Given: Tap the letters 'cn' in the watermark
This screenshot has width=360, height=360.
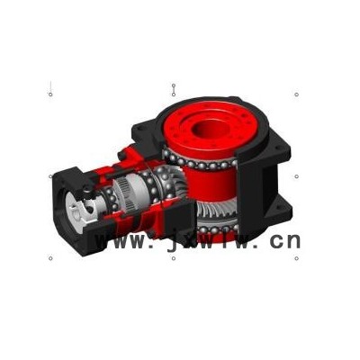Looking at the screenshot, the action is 285,241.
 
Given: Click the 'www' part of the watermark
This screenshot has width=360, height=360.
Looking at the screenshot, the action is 120,241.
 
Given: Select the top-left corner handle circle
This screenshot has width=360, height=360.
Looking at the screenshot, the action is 50,94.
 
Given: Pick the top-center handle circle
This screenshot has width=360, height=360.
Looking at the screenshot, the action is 174,94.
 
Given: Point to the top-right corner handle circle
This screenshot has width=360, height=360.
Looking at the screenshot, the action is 296,94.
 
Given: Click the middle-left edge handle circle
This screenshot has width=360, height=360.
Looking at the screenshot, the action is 50,176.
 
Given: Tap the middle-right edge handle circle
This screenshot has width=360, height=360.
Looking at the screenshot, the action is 296,176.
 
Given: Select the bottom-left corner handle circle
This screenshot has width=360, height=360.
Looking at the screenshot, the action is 50,258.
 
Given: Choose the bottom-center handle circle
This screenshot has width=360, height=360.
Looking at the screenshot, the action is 174,258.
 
